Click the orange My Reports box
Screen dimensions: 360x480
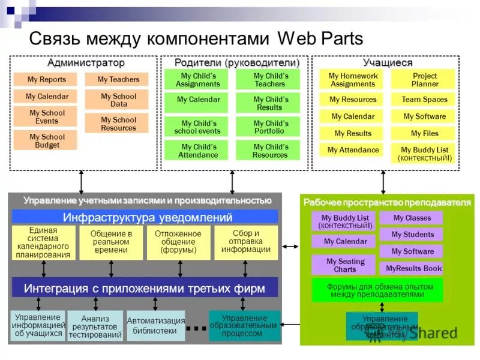(47, 79)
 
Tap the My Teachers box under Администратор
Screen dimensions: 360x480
(118, 79)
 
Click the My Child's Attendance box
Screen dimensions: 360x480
(197, 150)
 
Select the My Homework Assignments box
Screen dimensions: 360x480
(353, 80)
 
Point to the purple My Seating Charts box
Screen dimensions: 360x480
(344, 265)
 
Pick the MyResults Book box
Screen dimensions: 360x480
(413, 268)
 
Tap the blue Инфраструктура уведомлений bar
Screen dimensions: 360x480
(145, 217)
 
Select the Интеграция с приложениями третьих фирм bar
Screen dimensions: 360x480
(145, 288)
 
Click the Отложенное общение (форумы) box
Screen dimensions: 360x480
(178, 242)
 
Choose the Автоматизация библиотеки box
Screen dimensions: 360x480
(155, 325)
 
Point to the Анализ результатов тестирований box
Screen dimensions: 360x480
(95, 326)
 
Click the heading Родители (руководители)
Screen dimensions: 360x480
(236, 63)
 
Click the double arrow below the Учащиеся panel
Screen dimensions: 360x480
(383, 182)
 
